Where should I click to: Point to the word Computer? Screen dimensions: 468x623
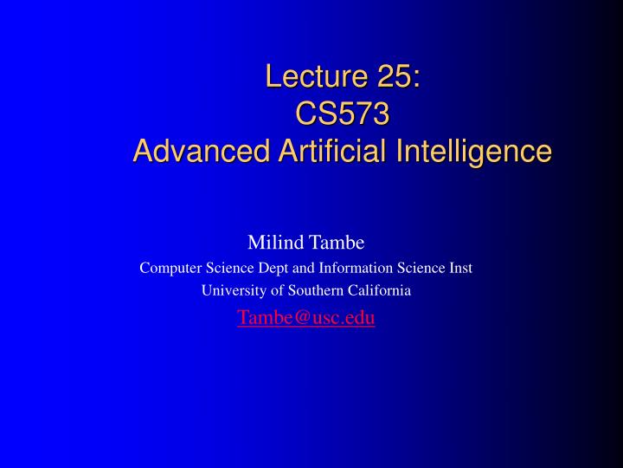[x=170, y=268]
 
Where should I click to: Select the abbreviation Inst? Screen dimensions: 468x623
[x=459, y=268]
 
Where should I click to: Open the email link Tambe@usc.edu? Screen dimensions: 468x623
[x=306, y=317]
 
